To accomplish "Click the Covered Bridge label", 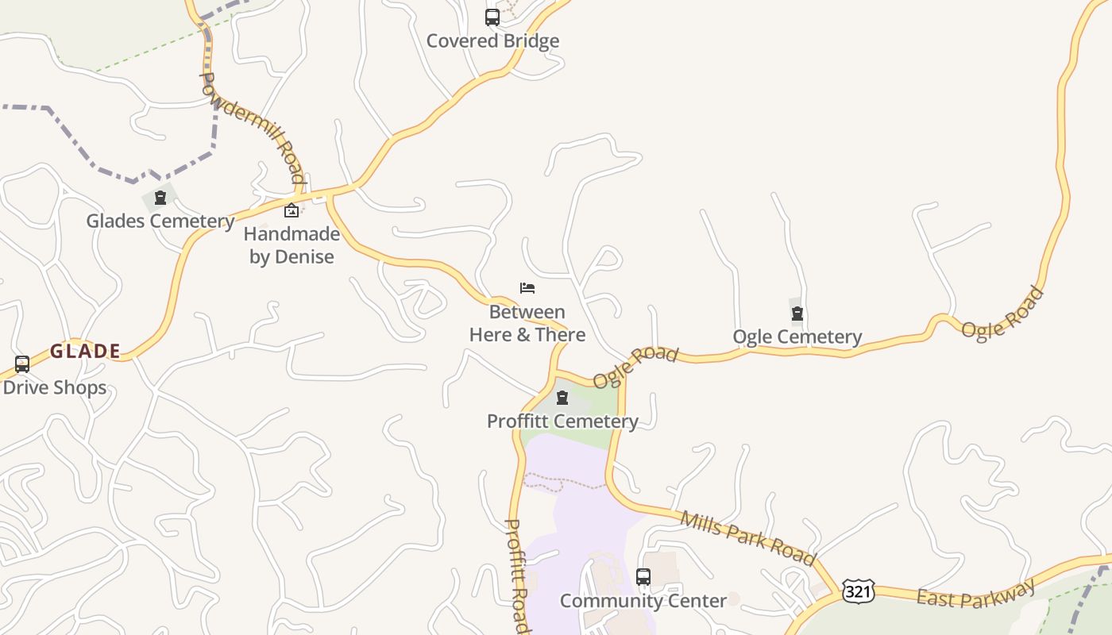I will [492, 41].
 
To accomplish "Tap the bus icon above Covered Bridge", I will [492, 17].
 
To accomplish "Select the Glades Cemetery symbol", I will [160, 198].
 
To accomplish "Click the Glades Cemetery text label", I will [160, 221].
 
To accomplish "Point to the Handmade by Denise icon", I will [292, 210].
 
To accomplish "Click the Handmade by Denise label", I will [292, 245].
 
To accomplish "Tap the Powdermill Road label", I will [253, 127].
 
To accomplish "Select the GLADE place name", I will [85, 351].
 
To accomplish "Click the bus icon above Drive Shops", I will [22, 364].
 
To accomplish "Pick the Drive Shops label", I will [55, 387].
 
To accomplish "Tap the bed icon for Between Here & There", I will [527, 288].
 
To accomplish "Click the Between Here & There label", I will [527, 323].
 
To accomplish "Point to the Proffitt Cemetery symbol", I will [562, 398].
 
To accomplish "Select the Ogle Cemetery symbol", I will [797, 314].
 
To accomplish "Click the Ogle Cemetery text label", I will [797, 337].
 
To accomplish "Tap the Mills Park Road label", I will [747, 538].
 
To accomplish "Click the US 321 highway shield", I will [859, 591].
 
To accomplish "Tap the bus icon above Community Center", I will [643, 577].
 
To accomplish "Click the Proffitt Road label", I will [517, 575].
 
